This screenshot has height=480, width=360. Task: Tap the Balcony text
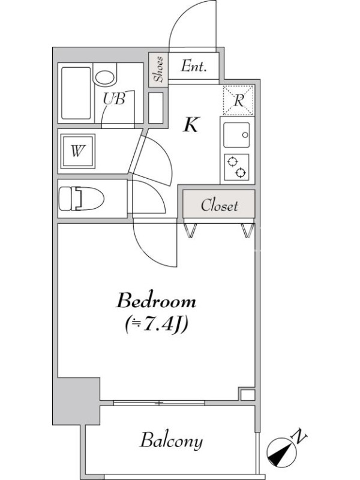[x=172, y=441]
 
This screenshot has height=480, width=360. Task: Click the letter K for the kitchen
[x=191, y=125]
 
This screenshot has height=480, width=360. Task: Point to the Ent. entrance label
[x=193, y=66]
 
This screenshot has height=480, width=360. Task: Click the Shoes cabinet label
[x=158, y=70]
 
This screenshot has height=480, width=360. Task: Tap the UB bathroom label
[x=114, y=98]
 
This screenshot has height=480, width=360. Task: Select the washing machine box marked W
[x=78, y=151]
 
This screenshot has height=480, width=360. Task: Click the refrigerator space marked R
[x=238, y=100]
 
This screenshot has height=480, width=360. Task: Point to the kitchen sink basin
[x=236, y=134]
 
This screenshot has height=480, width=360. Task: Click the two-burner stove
[x=236, y=167]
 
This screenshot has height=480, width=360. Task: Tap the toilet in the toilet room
[x=82, y=199]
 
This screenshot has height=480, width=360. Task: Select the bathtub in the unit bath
[x=76, y=93]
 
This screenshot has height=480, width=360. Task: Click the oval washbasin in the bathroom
[x=106, y=77]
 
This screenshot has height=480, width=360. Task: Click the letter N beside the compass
[x=299, y=436]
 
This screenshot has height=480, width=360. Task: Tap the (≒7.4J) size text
[x=156, y=325]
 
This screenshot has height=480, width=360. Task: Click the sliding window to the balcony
[x=159, y=403]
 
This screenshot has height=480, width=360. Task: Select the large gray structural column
[x=77, y=401]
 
